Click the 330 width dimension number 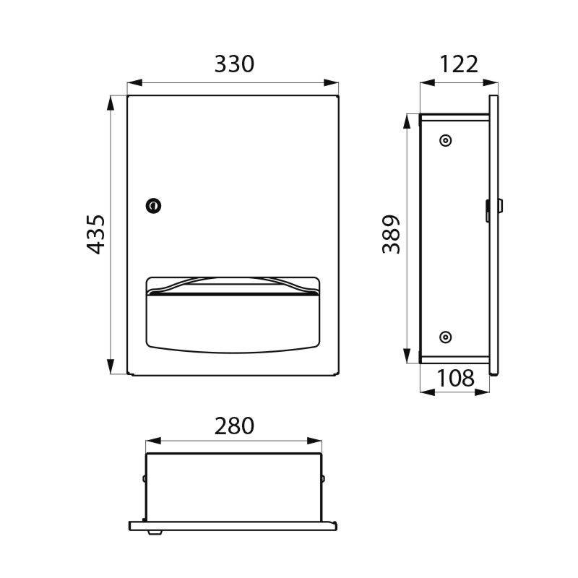[x=234, y=64]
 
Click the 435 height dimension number [x=96, y=233]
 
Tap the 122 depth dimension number [x=458, y=64]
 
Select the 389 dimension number [x=391, y=234]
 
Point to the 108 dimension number [x=455, y=377]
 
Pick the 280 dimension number [x=234, y=426]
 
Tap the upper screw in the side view [x=446, y=141]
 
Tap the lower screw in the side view [x=446, y=336]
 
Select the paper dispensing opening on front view [x=233, y=314]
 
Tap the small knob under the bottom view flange [x=154, y=532]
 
